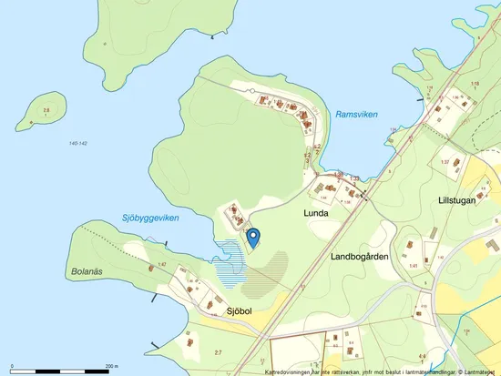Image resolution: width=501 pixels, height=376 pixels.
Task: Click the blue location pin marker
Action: pos(254,237)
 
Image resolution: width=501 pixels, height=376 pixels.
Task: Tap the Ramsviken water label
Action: pos(356,115)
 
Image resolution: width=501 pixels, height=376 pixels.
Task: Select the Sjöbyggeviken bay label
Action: pos(150,218)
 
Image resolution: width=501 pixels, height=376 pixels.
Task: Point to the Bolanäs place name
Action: pos(89,271)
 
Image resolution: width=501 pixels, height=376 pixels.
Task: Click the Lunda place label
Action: pos(315,212)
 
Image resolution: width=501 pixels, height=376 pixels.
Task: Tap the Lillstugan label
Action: pos(456,200)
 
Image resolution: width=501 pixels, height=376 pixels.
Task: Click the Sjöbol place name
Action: pos(245,311)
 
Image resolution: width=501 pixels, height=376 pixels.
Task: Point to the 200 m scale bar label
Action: pos(110,366)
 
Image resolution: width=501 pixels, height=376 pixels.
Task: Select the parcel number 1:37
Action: pos(445,162)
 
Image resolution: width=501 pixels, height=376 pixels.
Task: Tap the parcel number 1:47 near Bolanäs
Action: pos(161,264)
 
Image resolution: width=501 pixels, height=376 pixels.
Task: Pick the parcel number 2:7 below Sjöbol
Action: pos(217,351)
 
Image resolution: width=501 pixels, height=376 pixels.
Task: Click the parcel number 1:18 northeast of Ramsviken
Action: pos(474,84)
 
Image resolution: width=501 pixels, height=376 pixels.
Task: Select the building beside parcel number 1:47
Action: pos(179,270)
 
